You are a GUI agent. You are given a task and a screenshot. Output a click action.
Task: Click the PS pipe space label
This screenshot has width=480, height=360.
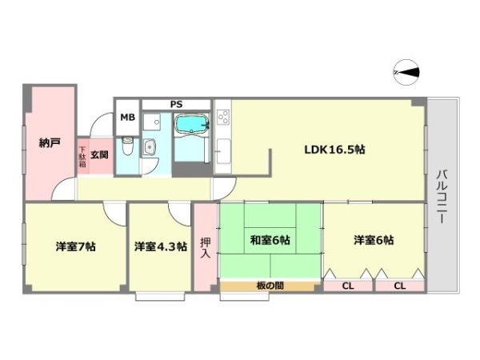click(175, 103)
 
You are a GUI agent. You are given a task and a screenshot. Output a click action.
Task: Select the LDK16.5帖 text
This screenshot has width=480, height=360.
click(334, 148)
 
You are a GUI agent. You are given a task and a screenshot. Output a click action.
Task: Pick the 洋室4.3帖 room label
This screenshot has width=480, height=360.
click(160, 246)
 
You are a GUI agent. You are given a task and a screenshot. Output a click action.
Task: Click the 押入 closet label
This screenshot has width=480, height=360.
click(205, 247)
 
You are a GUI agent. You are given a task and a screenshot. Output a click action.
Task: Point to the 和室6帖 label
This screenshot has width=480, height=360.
click(270, 239)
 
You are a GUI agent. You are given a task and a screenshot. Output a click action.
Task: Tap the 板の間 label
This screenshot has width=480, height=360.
click(270, 286)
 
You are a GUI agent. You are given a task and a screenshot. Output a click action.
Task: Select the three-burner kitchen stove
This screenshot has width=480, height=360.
click(222, 121)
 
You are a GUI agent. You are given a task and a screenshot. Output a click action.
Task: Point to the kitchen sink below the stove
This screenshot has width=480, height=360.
click(222, 149)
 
